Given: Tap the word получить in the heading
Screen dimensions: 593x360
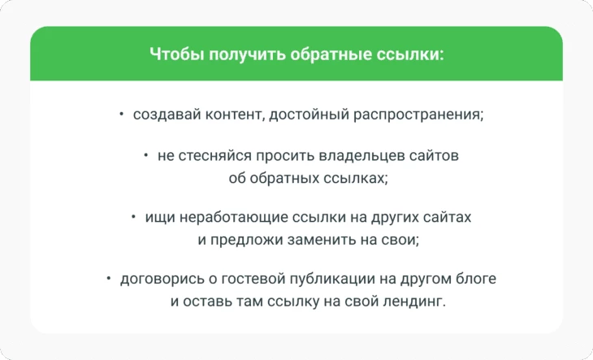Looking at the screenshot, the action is point(247,54).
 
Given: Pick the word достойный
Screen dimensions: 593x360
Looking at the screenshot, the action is point(309,115).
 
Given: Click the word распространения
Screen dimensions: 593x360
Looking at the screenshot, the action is point(418,115).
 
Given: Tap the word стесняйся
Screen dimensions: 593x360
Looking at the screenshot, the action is point(214,156).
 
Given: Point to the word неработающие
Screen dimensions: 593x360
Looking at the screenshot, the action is point(233,218).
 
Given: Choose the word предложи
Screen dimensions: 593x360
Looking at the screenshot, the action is point(247,240).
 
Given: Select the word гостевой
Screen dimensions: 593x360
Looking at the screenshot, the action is point(253,279).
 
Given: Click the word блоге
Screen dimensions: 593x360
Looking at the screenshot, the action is point(476,279).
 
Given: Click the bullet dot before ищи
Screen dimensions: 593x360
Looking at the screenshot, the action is point(133,217).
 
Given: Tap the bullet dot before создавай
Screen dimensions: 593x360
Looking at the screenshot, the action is point(121,114).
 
